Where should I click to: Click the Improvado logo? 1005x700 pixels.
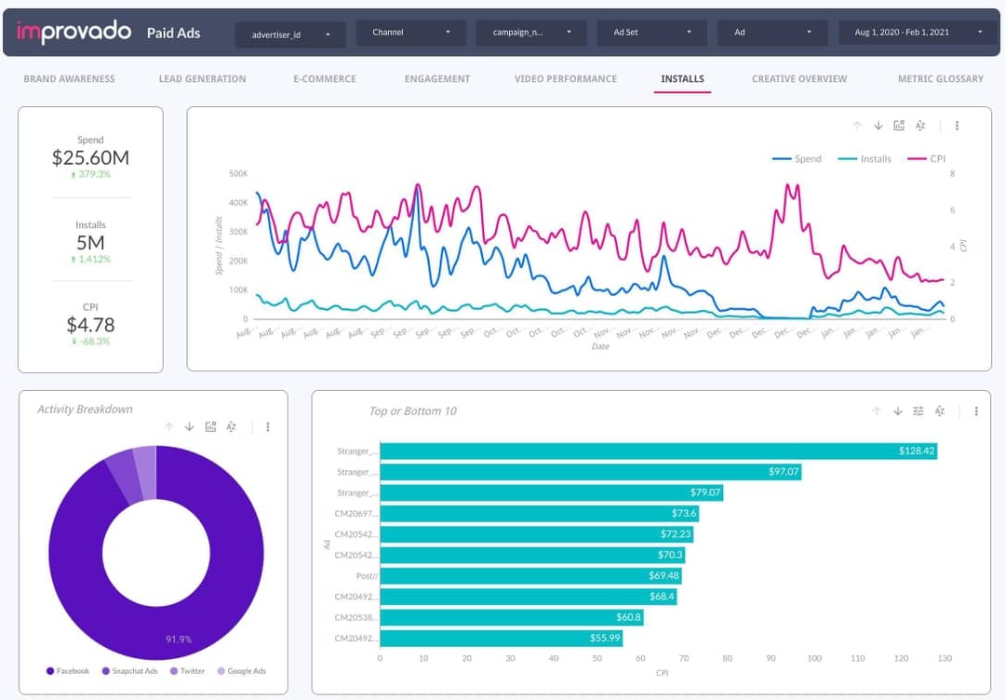pos(74,33)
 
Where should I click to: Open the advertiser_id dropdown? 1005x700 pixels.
pos(289,34)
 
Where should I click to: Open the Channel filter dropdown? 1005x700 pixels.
pos(410,33)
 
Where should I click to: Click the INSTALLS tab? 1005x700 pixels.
pos(682,79)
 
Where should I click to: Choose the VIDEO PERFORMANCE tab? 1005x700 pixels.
pos(565,79)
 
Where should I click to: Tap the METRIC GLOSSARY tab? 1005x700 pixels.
pos(940,79)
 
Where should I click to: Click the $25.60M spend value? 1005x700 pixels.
pos(90,158)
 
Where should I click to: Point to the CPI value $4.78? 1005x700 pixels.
pos(90,325)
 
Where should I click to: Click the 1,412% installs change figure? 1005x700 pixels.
pos(91,259)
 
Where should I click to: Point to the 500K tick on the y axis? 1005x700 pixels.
pos(237,173)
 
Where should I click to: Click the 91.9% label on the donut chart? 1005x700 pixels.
pos(179,639)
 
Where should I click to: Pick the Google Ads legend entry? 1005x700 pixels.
pos(246,671)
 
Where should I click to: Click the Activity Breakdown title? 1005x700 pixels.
pos(85,410)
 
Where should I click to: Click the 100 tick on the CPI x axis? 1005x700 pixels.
pos(814,658)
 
